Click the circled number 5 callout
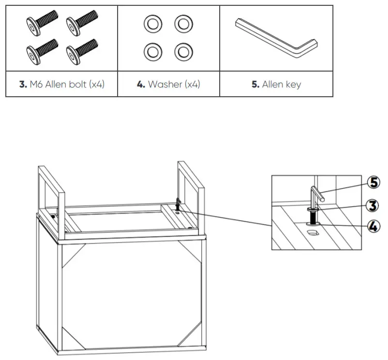373,182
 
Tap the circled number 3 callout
373,205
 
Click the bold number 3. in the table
23,85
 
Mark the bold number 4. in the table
141,85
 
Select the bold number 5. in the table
255,85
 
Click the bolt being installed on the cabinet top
178,203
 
